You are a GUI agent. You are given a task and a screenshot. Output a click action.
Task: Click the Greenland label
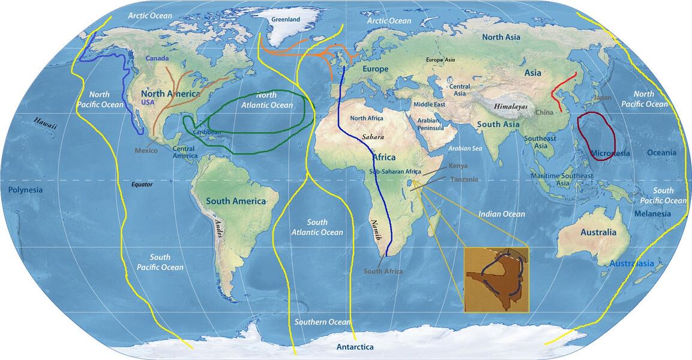tap(286, 19)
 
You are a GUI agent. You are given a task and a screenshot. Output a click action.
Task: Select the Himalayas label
tap(511, 106)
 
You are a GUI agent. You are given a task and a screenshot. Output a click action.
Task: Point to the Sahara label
tap(373, 137)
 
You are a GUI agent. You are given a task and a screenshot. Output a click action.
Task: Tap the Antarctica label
tap(355, 347)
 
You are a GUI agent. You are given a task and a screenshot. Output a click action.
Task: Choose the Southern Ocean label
tap(322, 322)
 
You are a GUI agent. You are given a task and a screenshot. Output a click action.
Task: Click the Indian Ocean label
tap(502, 214)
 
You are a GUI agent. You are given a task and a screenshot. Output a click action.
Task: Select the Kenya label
tap(458, 166)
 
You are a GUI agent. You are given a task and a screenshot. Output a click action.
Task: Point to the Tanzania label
tap(464, 179)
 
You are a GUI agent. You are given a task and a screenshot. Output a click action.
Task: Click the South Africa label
tap(383, 271)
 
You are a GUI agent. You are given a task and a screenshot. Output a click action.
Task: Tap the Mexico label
tap(145, 151)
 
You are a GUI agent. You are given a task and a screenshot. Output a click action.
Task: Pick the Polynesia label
tap(25, 190)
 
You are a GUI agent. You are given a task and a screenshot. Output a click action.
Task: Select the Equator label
tap(142, 184)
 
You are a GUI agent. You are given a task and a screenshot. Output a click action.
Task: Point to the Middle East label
tap(429, 105)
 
